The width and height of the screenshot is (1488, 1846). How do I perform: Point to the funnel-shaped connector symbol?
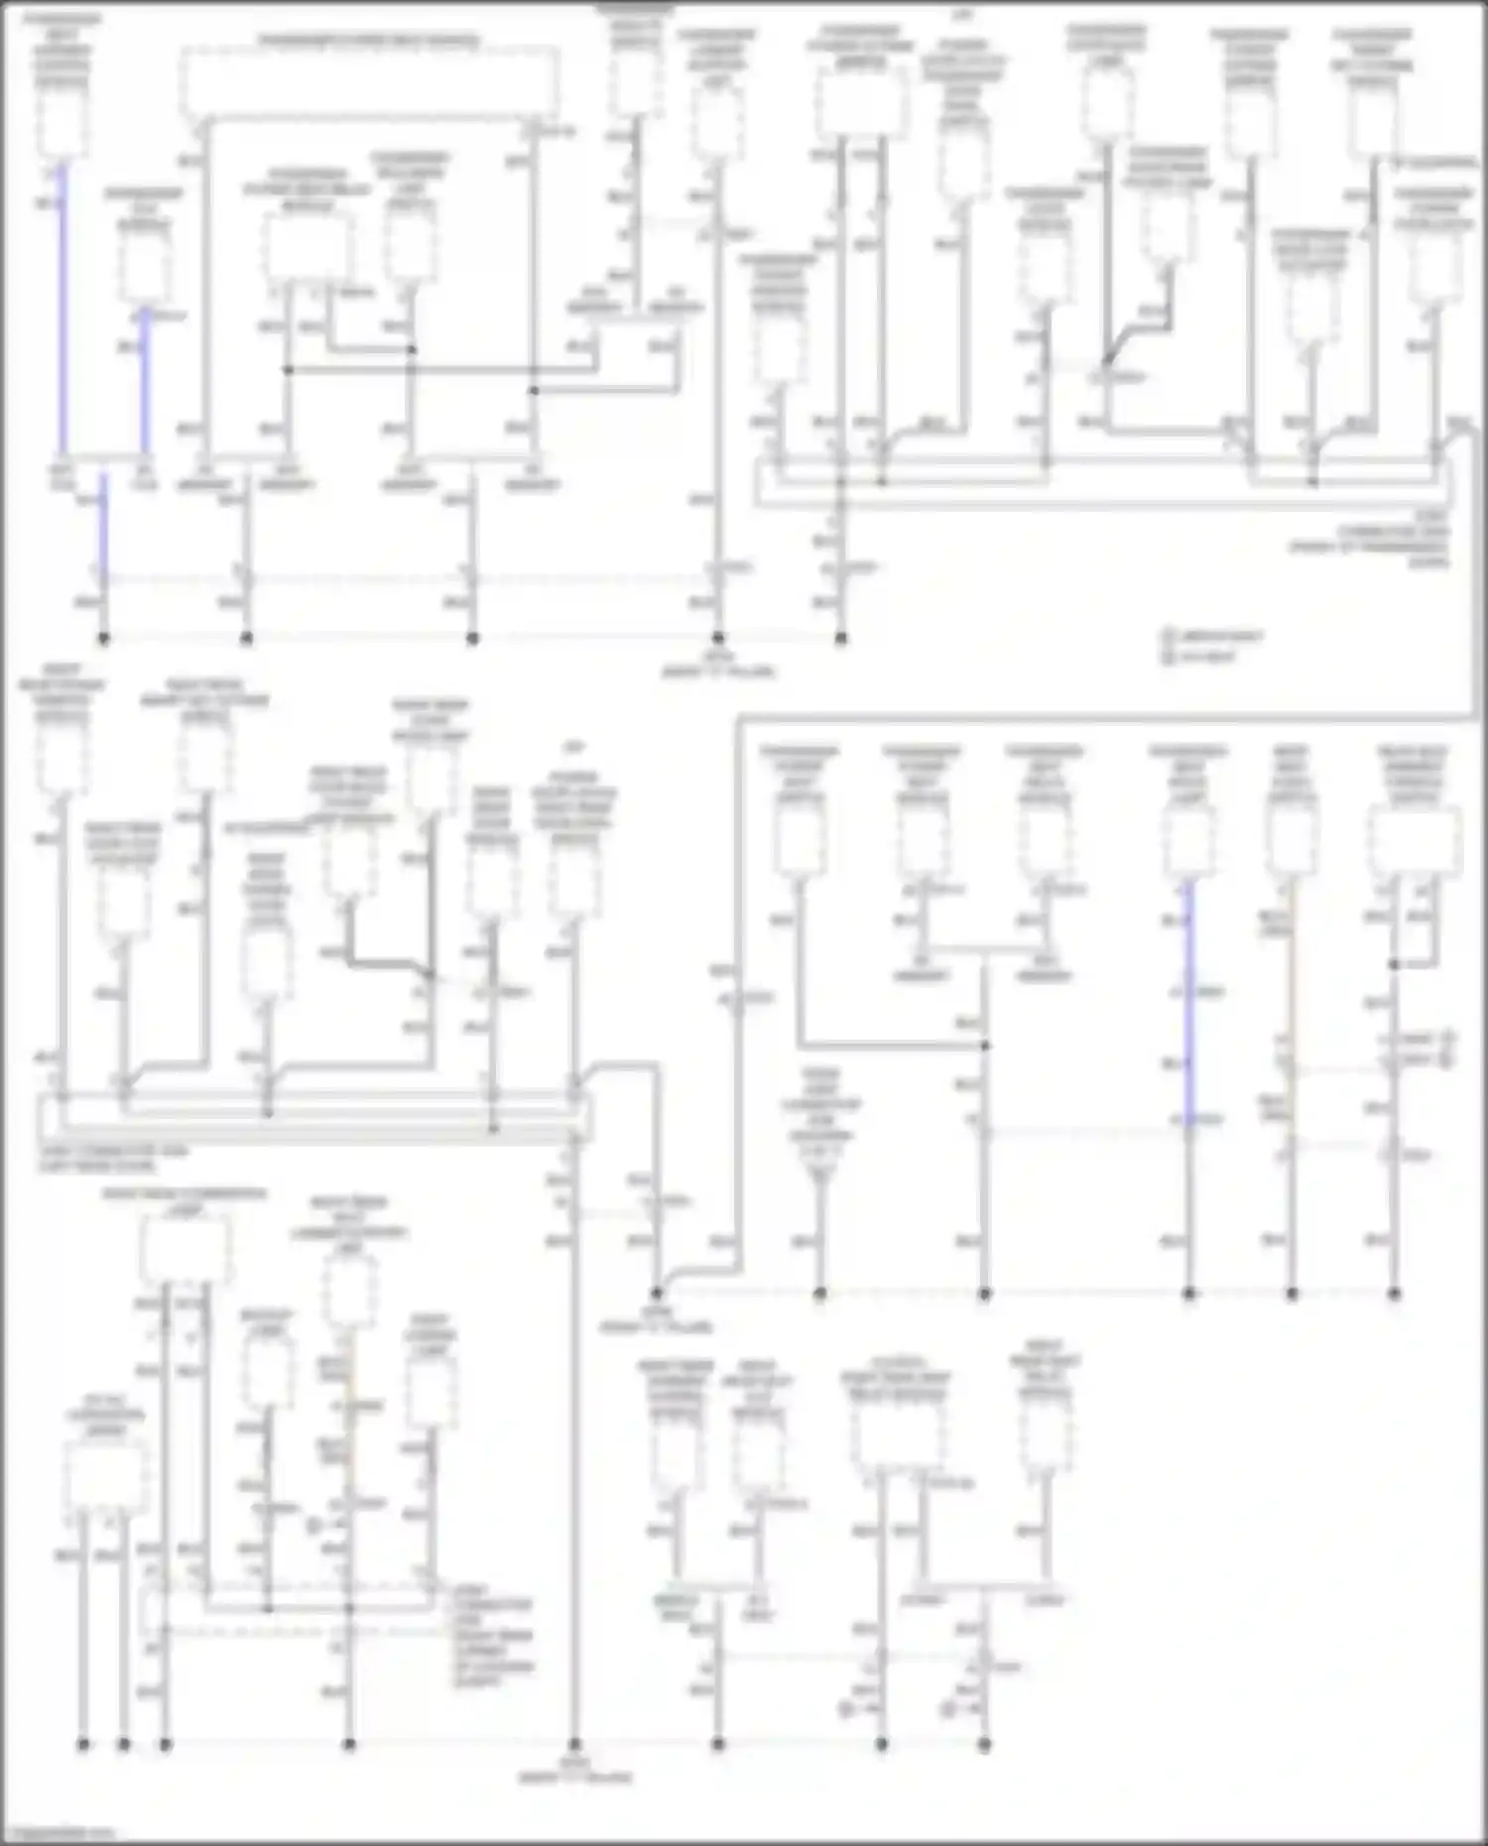click(819, 1176)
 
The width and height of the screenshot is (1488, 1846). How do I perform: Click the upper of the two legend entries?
click(1214, 636)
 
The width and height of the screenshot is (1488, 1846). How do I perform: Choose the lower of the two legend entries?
click(1200, 656)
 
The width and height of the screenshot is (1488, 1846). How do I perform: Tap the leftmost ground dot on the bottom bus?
click(83, 1743)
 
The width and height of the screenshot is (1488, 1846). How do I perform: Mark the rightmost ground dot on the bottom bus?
click(984, 1743)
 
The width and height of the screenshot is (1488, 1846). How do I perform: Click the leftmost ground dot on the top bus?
click(103, 638)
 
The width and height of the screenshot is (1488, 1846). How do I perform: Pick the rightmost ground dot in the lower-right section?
click(1394, 1293)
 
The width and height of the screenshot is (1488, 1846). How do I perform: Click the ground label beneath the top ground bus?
click(718, 665)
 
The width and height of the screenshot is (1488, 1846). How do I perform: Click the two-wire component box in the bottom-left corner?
click(105, 1477)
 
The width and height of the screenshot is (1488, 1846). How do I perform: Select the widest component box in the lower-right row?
click(1415, 842)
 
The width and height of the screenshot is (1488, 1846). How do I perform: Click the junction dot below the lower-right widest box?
click(1394, 964)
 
